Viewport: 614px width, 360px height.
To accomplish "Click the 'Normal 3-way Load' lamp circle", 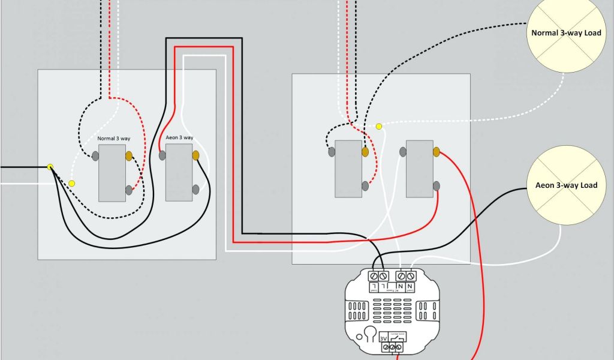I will tap(563, 34).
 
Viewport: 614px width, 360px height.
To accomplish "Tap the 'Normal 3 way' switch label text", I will tap(114, 139).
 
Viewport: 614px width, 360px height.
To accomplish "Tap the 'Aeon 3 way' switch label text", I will tap(179, 138).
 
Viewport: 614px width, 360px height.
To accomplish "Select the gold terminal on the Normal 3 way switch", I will tap(129, 157).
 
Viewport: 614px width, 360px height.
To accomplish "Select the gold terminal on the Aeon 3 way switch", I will tap(195, 155).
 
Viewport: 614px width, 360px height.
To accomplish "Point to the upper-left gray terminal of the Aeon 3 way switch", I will tap(162, 155).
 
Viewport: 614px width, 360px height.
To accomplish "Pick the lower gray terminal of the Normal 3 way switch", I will tap(129, 190).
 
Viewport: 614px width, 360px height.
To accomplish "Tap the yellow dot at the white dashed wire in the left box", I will tap(72, 183).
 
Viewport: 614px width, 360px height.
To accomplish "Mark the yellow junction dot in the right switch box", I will tap(378, 126).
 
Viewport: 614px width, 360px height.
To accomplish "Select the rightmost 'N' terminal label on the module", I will tap(411, 287).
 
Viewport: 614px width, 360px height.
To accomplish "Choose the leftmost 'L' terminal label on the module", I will tap(375, 287).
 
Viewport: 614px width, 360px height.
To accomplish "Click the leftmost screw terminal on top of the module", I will tap(375, 275).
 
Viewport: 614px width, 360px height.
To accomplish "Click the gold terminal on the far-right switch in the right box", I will tap(437, 151).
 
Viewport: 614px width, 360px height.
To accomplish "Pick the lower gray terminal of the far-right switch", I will tap(437, 186).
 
